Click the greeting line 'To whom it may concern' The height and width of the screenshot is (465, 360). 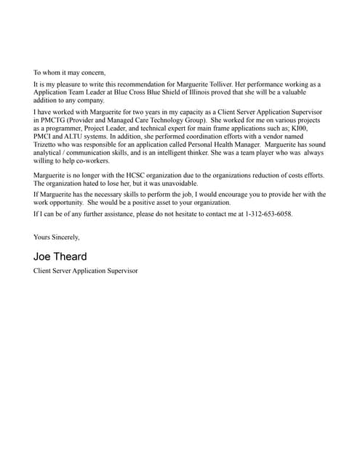[69, 73]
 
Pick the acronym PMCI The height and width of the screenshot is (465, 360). [45, 137]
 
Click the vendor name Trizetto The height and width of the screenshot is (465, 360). [47, 145]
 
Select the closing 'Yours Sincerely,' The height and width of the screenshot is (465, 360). [57, 237]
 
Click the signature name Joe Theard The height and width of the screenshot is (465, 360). [60, 256]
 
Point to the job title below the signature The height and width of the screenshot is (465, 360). [85, 271]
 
